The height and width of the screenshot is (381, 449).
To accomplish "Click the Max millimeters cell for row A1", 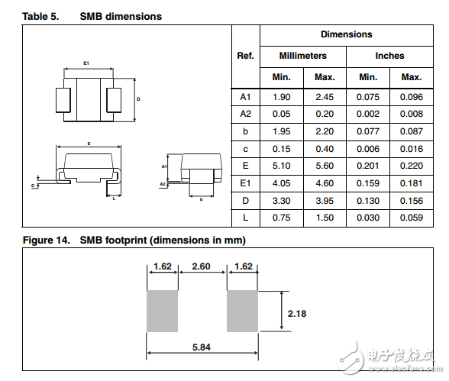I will [x=325, y=97].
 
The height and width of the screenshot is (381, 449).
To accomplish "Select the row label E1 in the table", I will [x=245, y=183].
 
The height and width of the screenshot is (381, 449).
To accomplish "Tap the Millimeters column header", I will [x=302, y=56].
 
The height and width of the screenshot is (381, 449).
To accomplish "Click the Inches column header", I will [x=389, y=56].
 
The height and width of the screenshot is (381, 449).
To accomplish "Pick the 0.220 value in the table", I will [x=411, y=166].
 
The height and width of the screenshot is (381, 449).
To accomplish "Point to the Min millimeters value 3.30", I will [x=282, y=200].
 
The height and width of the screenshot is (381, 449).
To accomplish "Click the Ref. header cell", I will [x=245, y=56].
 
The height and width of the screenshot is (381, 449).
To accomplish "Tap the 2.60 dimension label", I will [x=202, y=268].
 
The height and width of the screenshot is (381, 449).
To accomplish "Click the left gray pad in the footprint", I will [x=162, y=311].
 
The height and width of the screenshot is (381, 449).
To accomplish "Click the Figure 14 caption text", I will [x=134, y=240].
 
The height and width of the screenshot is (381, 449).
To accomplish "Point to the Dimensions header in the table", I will [x=346, y=34].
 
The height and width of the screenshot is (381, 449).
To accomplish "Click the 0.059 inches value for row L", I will [x=411, y=218].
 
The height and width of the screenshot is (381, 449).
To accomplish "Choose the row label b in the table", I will [x=245, y=131].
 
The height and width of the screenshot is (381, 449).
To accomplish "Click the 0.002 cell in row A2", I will [x=368, y=114].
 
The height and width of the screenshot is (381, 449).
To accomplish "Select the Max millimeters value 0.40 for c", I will [x=325, y=148].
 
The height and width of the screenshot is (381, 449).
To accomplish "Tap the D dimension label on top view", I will [x=138, y=99].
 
